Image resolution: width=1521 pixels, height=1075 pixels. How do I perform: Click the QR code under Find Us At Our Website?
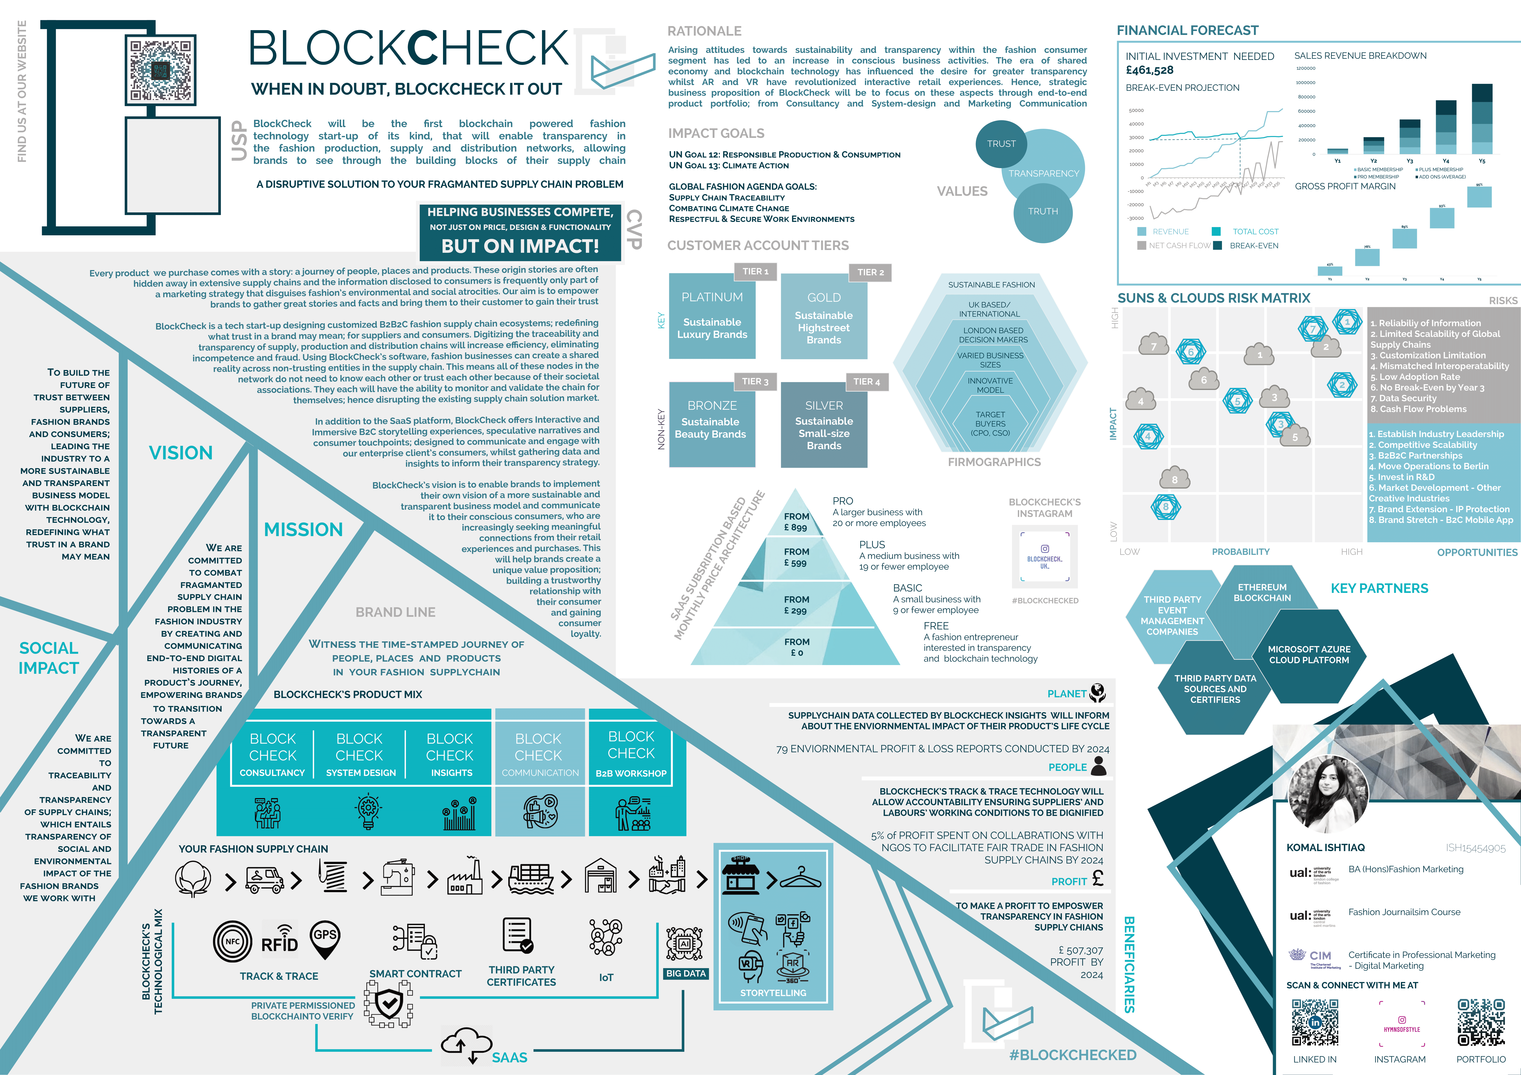[x=161, y=71]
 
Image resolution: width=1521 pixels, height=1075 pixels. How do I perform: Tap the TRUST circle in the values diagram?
[x=1001, y=144]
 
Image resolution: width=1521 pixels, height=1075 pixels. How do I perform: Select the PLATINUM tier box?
[x=712, y=316]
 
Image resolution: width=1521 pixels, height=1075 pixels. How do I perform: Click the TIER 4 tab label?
[x=866, y=382]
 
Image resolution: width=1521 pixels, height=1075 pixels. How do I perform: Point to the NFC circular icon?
[x=232, y=941]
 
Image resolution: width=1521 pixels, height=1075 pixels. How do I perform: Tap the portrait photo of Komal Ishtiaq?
[x=1327, y=793]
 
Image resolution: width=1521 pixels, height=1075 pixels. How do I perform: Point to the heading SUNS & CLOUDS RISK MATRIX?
[x=1214, y=298]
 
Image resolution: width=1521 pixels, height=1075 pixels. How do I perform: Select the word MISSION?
[x=303, y=529]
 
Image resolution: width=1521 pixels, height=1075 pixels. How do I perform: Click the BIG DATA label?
[x=686, y=974]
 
